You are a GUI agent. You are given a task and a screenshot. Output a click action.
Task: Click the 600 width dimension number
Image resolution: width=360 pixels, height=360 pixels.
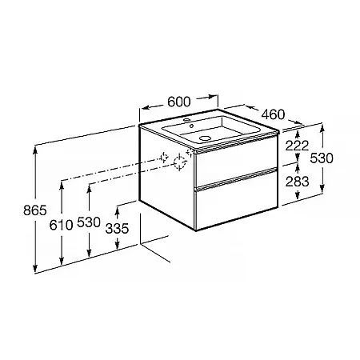pyautogui.click(x=179, y=102)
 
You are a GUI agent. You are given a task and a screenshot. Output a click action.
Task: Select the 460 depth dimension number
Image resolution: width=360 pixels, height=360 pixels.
pyautogui.click(x=273, y=114)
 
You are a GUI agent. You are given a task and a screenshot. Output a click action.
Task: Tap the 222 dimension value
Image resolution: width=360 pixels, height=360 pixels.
pyautogui.click(x=297, y=146)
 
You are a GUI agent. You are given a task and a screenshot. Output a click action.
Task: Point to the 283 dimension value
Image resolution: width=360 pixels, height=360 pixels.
pyautogui.click(x=297, y=182)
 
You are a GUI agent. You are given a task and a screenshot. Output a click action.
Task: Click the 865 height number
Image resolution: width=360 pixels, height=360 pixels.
pyautogui.click(x=35, y=210)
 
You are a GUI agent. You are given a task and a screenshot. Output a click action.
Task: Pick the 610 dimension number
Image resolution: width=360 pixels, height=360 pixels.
pyautogui.click(x=61, y=226)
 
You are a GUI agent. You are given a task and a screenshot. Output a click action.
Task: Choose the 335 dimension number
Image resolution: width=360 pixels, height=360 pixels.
pyautogui.click(x=117, y=229)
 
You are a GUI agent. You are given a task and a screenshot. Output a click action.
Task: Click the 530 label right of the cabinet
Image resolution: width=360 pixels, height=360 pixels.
pyautogui.click(x=322, y=158)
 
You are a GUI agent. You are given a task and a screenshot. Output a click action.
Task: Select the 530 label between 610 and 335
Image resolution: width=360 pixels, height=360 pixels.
pyautogui.click(x=89, y=222)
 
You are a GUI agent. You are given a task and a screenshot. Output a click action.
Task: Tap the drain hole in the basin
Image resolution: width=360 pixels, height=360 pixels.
pyautogui.click(x=205, y=138)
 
